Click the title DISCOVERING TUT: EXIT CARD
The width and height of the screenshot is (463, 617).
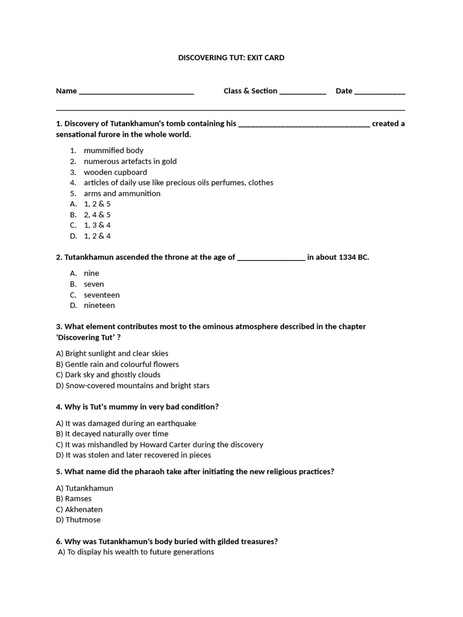(x=231, y=58)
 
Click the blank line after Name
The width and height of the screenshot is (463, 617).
(x=136, y=92)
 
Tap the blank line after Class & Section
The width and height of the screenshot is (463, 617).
(x=303, y=92)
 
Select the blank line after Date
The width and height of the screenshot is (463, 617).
(x=380, y=92)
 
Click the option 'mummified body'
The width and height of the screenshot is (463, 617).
(x=113, y=151)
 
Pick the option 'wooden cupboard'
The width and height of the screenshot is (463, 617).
(x=115, y=172)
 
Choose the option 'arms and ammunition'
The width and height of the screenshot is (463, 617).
(x=122, y=193)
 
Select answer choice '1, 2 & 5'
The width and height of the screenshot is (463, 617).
(x=97, y=204)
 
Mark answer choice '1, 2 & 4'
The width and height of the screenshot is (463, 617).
(x=97, y=236)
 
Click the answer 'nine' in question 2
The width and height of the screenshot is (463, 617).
(x=91, y=274)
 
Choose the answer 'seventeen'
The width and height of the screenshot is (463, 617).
(x=101, y=295)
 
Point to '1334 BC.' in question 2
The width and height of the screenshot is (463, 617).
(x=354, y=257)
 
